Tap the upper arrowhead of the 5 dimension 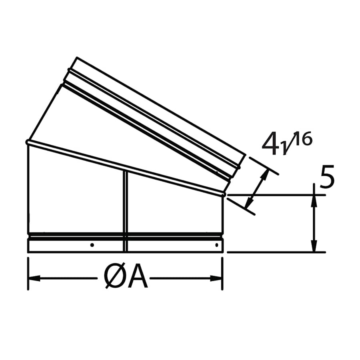[314, 200]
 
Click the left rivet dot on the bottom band [92, 245]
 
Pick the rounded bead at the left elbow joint [28, 142]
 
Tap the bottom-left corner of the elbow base [28, 252]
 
